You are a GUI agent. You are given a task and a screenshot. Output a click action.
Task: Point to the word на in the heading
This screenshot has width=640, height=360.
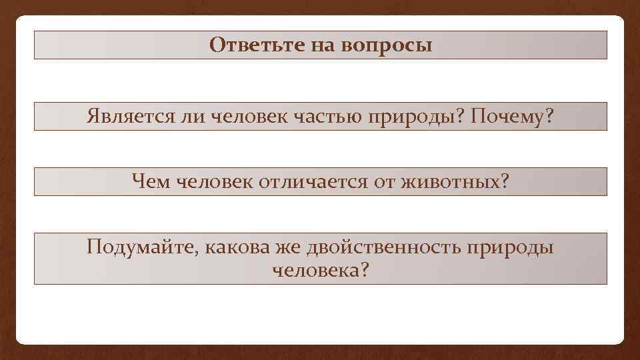(x=323, y=45)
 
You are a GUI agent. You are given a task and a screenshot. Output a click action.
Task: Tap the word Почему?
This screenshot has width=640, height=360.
(x=512, y=117)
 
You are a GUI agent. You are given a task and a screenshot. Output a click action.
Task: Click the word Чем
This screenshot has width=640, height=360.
(x=151, y=181)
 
